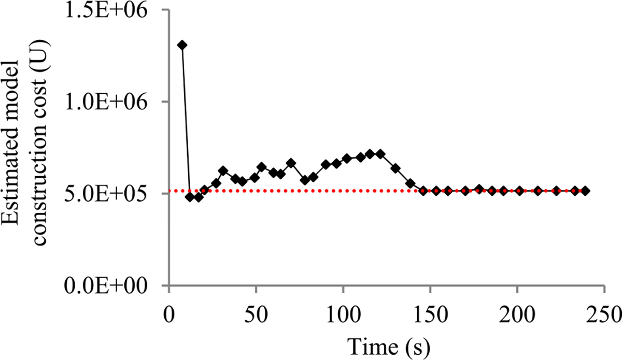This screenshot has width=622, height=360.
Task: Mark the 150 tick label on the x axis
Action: coord(430,314)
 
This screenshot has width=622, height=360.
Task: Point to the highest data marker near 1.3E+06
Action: coord(182,46)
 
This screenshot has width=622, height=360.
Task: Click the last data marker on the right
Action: coord(586,191)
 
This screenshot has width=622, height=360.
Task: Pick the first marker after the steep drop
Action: coord(190,197)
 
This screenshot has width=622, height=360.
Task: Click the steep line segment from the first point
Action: coord(186,119)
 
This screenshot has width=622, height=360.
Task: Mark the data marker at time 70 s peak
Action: coord(291,163)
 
